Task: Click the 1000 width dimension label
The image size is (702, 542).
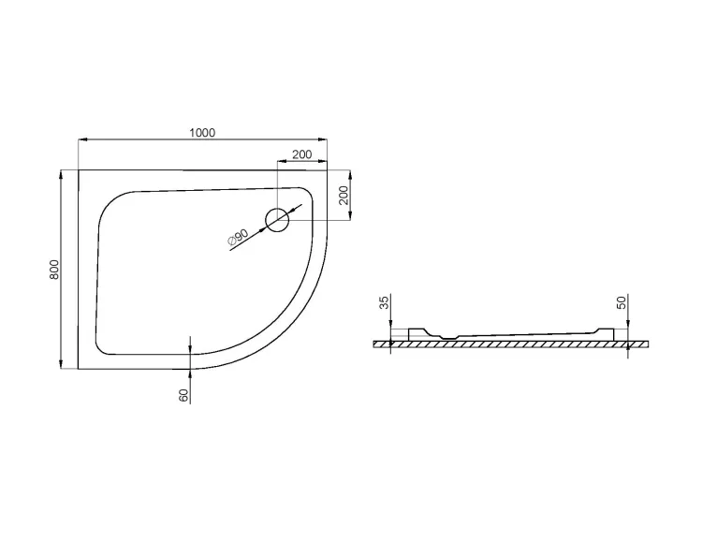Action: [202, 133]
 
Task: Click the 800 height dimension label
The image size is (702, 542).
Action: [54, 270]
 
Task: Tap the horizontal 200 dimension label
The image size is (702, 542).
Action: [302, 154]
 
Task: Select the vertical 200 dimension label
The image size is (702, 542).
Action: [344, 195]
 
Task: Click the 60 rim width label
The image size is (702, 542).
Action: [184, 395]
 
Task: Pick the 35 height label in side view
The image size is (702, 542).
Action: [384, 302]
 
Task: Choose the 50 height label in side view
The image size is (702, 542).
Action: [622, 302]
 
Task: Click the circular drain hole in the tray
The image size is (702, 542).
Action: [278, 220]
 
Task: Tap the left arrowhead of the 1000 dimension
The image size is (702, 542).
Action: [83, 140]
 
